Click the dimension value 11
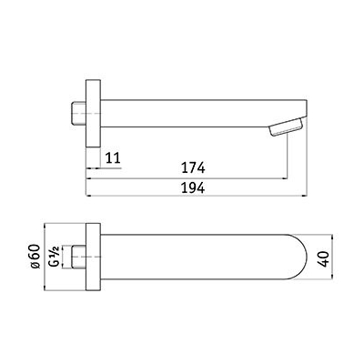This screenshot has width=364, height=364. click(x=113, y=158)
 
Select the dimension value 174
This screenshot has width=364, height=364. click(x=193, y=167)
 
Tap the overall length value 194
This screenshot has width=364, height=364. click(x=193, y=188)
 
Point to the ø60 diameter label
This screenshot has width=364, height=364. click(x=35, y=257)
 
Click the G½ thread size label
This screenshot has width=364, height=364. click(x=55, y=257)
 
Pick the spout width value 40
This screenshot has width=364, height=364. click(x=325, y=259)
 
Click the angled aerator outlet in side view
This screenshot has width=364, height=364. click(x=286, y=127)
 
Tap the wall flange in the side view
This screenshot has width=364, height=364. click(x=93, y=114)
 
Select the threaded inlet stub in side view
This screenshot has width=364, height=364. click(x=79, y=114)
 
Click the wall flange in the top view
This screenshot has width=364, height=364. click(x=93, y=258)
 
